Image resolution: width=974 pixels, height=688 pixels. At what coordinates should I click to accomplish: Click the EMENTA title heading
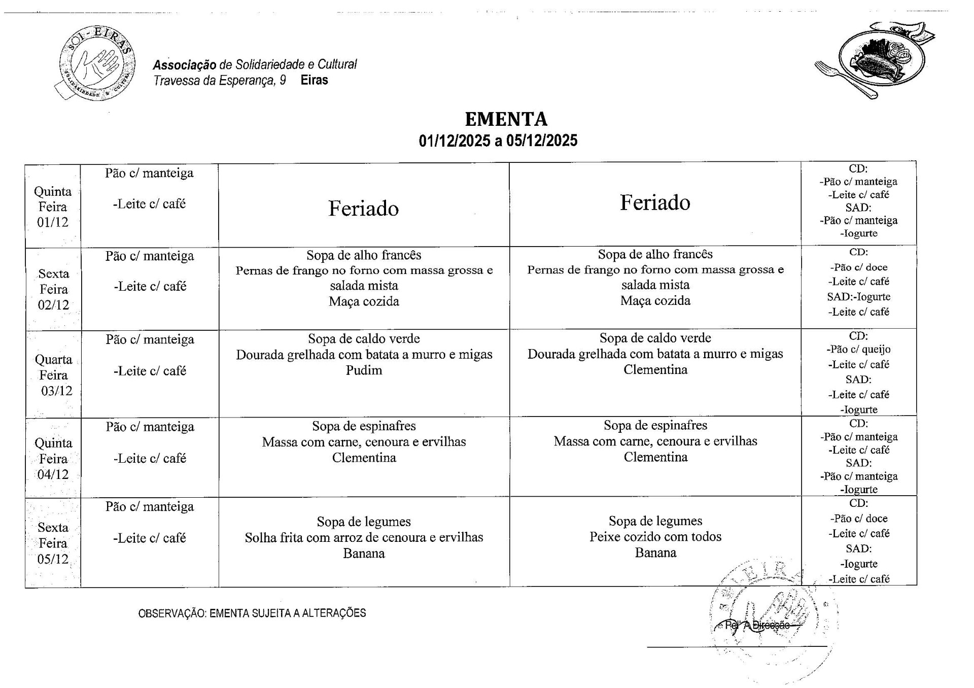(506, 119)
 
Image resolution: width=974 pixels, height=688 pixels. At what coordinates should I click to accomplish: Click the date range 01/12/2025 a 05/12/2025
(498, 141)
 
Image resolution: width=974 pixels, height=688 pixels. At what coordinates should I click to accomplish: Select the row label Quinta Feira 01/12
(53, 207)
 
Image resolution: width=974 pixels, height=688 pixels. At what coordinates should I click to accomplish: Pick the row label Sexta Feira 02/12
(53, 289)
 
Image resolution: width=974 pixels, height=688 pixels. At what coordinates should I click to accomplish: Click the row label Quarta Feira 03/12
(54, 375)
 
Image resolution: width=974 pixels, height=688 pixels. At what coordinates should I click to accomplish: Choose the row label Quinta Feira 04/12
(53, 459)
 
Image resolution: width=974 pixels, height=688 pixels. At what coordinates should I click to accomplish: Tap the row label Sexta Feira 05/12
(53, 543)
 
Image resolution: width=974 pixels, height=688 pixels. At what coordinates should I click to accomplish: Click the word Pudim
(364, 370)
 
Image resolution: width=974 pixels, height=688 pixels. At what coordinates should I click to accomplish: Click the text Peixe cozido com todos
(655, 537)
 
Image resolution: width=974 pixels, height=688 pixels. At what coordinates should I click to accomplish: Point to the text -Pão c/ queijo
(858, 349)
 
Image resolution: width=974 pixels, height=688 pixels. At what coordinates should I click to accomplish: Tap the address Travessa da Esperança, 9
(220, 80)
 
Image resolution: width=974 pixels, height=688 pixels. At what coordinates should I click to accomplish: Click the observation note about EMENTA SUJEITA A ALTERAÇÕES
(252, 613)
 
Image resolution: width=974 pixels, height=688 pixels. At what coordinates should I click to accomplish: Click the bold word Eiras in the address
(314, 80)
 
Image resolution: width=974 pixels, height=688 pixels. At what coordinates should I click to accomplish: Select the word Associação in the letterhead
(184, 65)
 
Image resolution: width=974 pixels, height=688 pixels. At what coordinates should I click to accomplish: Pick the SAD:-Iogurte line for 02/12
(858, 297)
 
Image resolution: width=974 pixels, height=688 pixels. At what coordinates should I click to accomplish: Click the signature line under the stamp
(737, 647)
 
